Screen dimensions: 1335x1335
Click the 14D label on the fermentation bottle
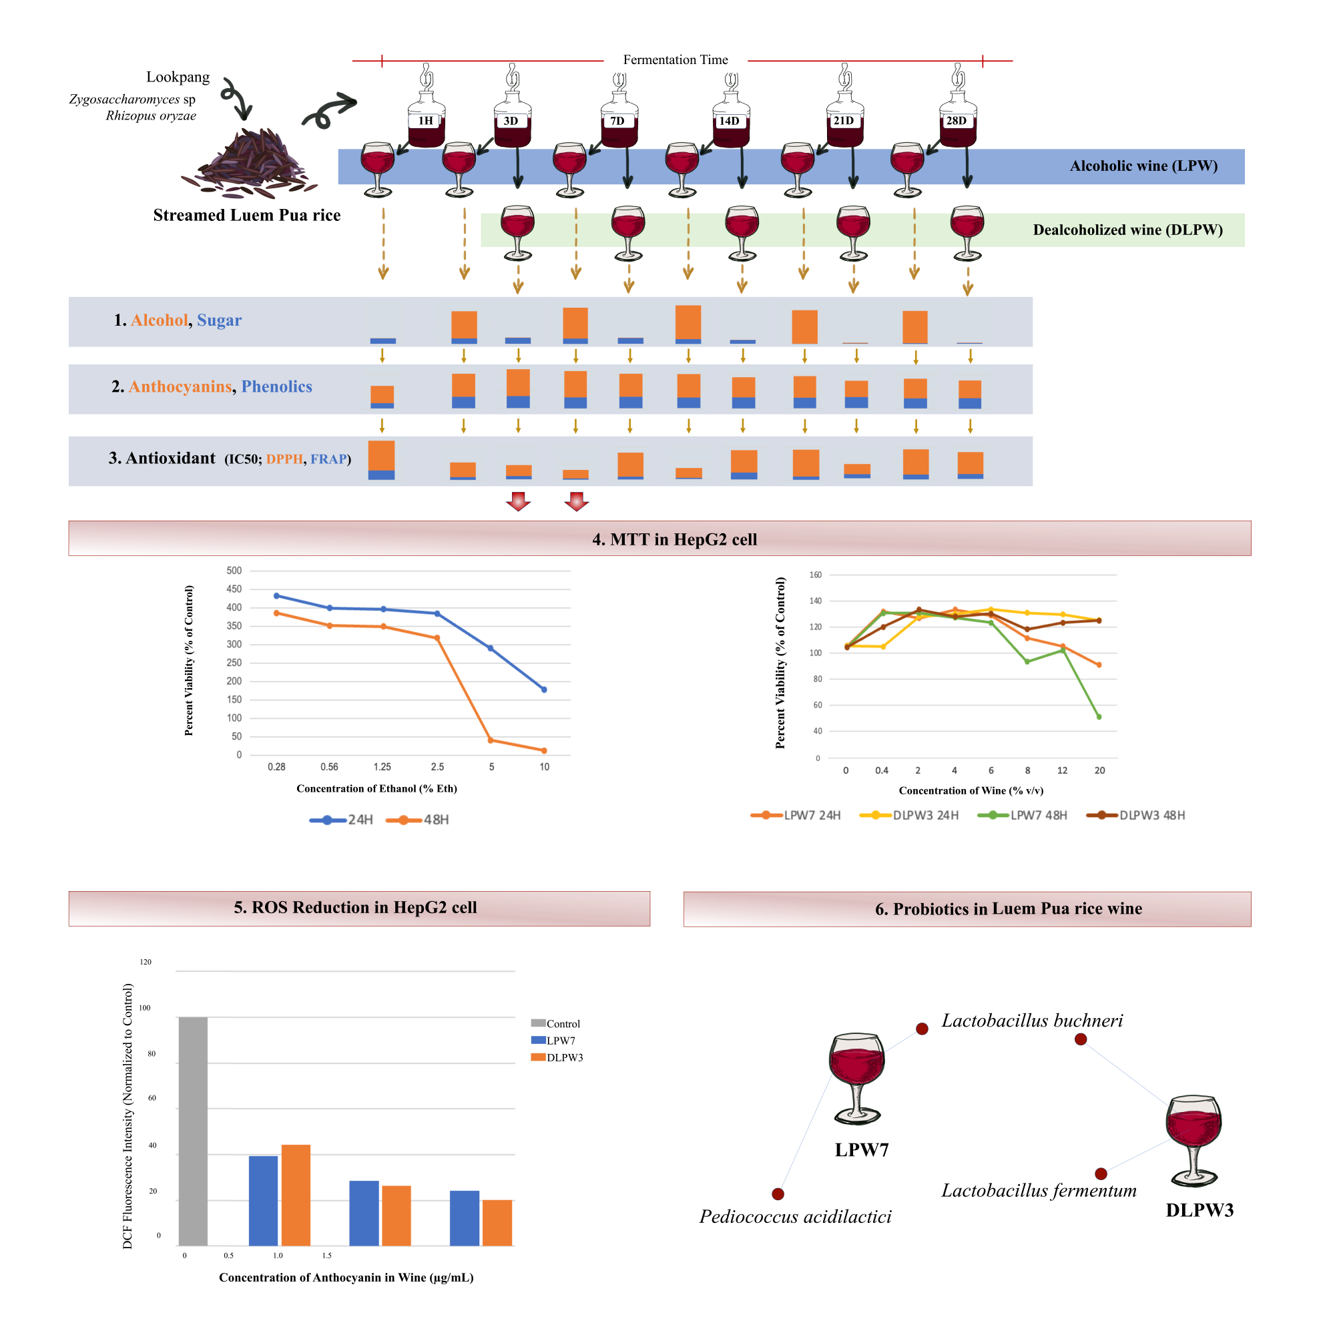click(x=729, y=121)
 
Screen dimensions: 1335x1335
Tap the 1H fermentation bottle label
click(x=426, y=121)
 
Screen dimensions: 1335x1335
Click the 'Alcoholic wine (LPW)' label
click(x=1143, y=166)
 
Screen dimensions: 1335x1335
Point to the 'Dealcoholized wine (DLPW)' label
click(x=1127, y=230)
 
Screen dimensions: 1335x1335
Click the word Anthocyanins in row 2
click(x=180, y=387)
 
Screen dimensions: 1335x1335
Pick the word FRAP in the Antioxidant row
click(x=328, y=459)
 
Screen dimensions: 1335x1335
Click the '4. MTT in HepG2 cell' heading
click(x=674, y=539)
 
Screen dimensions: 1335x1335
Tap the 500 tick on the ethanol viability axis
click(x=234, y=571)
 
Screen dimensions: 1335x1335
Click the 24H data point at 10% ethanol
click(x=544, y=690)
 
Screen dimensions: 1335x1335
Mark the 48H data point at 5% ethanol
click(x=491, y=740)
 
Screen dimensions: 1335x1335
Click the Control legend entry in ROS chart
click(x=555, y=1023)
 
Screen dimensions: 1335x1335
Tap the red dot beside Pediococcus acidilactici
click(x=778, y=1194)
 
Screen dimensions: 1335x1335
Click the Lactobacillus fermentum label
click(x=1039, y=1191)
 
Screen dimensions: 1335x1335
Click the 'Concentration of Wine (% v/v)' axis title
click(x=971, y=790)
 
